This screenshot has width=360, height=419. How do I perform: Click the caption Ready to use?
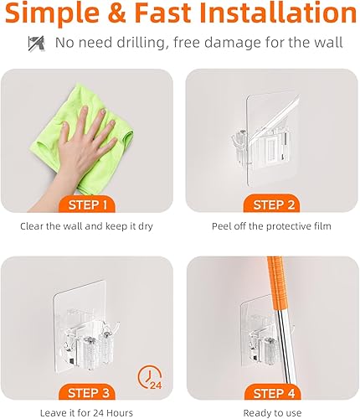269,413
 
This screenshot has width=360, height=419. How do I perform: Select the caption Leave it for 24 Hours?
86,413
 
